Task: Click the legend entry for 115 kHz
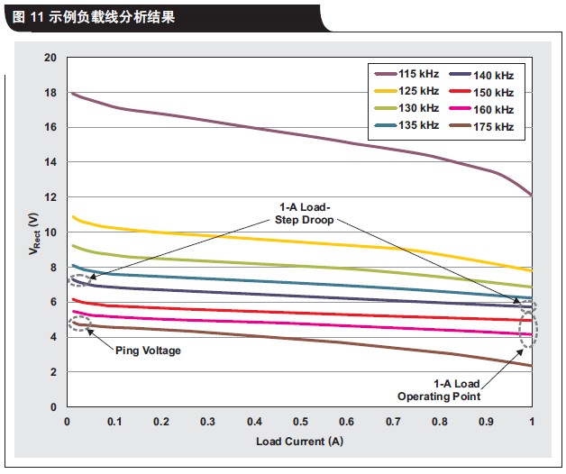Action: tap(406, 74)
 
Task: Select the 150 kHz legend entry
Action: tap(481, 93)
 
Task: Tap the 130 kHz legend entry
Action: tap(406, 108)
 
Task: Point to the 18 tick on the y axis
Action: tap(50, 93)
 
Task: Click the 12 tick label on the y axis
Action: tap(50, 197)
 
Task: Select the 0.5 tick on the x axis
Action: tap(300, 422)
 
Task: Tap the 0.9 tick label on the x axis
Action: tap(486, 422)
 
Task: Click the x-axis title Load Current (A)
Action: tap(299, 442)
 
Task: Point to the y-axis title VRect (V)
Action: tap(34, 233)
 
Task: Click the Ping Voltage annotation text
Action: tap(148, 351)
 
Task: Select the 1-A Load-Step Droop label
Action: tap(305, 214)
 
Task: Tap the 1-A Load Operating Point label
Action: tap(439, 390)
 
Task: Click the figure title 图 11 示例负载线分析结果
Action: tap(94, 16)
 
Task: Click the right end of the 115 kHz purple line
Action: tap(532, 196)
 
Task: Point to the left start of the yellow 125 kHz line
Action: tap(73, 216)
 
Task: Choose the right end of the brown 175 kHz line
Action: tap(532, 366)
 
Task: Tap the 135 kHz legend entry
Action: tap(406, 125)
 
